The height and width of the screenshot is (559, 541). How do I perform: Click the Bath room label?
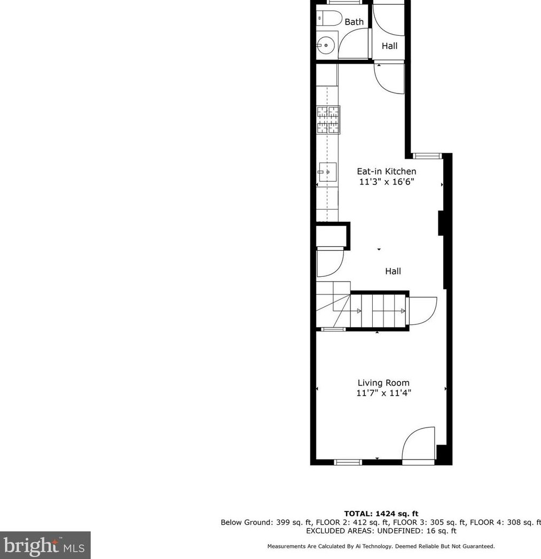pos(354,22)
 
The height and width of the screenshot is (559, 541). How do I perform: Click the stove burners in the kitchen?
pos(328,120)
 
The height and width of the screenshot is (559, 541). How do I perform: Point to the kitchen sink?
pos(327,172)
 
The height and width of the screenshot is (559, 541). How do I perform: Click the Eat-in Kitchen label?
pos(386,172)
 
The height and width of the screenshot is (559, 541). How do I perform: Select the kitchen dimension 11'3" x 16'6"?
pos(386,182)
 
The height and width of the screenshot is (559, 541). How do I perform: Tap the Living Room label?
pos(383,383)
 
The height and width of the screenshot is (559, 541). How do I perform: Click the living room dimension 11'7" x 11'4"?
pos(383,393)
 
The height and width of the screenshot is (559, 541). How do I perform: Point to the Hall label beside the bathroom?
pos(389,46)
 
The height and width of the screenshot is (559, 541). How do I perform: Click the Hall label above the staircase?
pos(393,271)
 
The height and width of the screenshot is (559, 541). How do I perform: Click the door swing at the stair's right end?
pos(422,311)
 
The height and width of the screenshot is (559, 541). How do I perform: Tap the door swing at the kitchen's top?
pos(389,79)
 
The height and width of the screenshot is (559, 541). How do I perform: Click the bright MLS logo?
pos(45,545)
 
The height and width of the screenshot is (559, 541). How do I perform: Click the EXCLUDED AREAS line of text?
pos(381,531)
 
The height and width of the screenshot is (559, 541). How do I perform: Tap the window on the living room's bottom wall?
pos(348,462)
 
